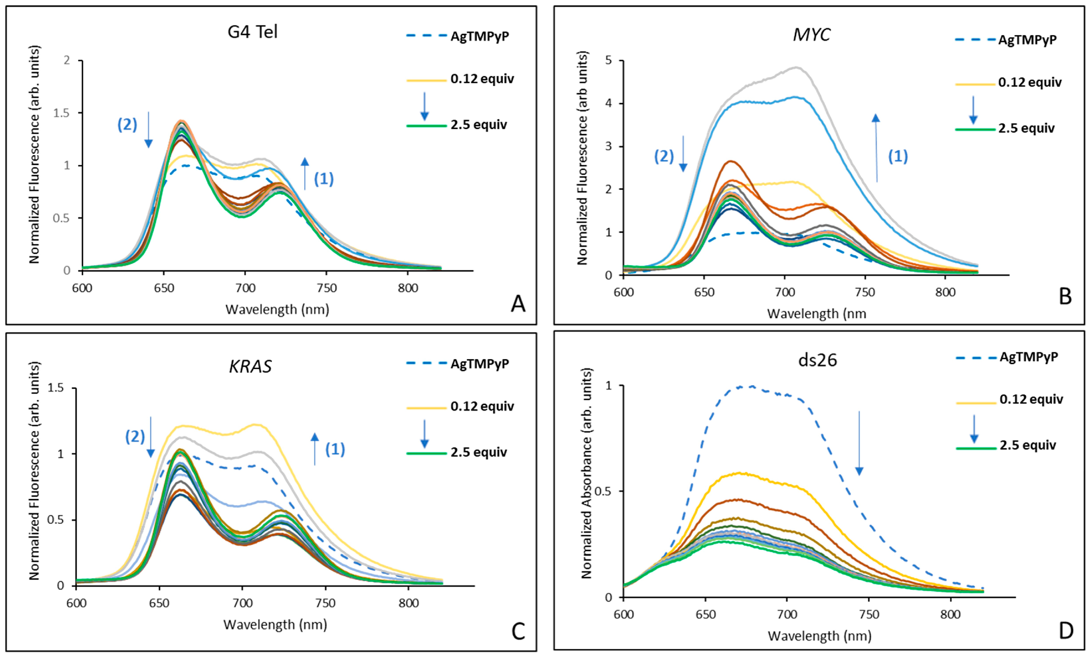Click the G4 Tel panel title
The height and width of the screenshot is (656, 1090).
tap(252, 32)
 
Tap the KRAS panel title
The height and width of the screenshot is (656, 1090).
tap(250, 366)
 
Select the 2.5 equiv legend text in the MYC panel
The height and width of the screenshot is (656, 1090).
tap(1026, 129)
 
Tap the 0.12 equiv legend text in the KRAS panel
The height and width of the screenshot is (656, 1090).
tap(482, 406)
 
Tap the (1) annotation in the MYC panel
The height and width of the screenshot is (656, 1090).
tap(898, 156)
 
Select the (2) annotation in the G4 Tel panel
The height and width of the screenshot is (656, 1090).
tap(127, 125)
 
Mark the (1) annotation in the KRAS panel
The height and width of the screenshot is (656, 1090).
tap(335, 450)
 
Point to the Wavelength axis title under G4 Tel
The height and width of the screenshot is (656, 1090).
tap(277, 309)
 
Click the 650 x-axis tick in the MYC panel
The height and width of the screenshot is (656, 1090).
tap(704, 292)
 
